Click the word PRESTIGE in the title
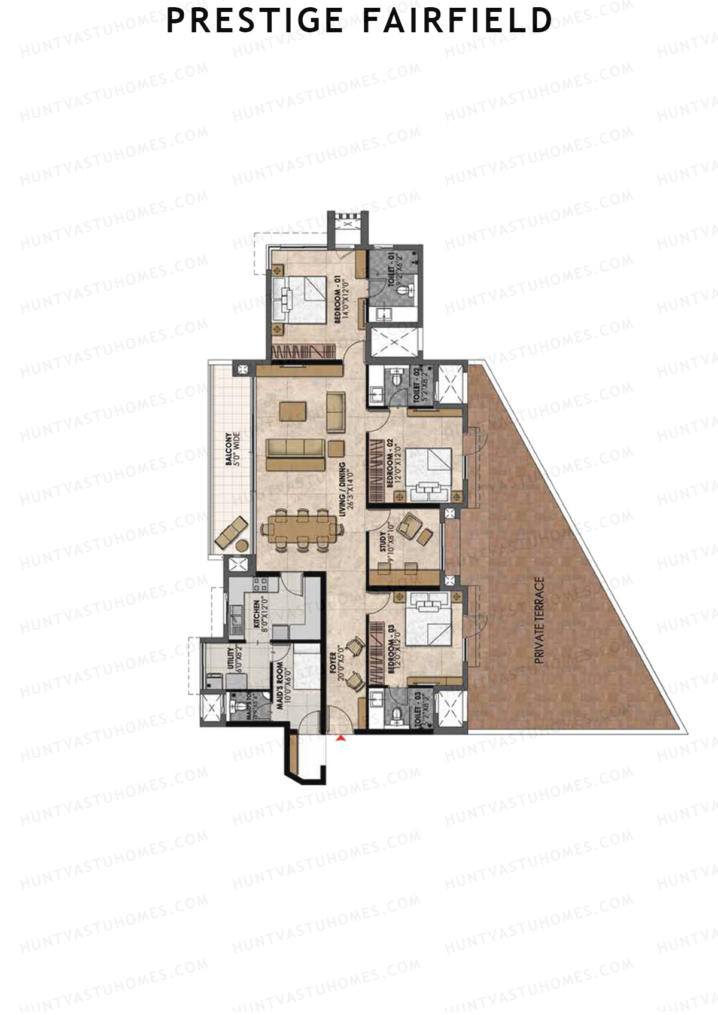tap(254, 21)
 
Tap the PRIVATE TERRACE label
tap(540, 620)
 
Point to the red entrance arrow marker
tap(341, 740)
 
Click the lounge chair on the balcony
tap(231, 531)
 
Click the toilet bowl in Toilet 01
tap(407, 290)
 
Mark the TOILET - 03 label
tap(421, 709)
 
